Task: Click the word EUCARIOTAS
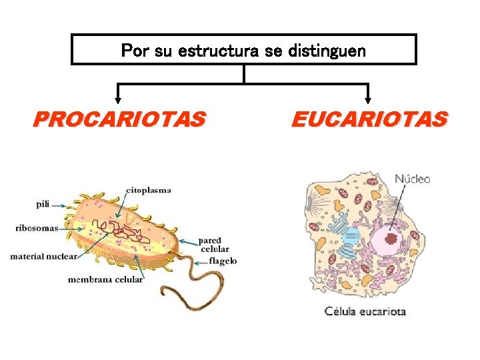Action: tap(369, 119)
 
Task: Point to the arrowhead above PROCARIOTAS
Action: tap(118, 101)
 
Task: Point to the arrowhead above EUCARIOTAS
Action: tap(368, 101)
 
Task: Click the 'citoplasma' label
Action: tap(148, 190)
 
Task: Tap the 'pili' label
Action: tap(43, 205)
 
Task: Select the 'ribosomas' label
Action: tap(37, 227)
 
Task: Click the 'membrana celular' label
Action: tap(105, 279)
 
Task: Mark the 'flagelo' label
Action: tap(222, 261)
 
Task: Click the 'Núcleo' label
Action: tap(413, 179)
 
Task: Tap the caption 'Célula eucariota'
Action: tap(365, 311)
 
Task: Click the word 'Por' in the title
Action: tap(135, 51)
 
